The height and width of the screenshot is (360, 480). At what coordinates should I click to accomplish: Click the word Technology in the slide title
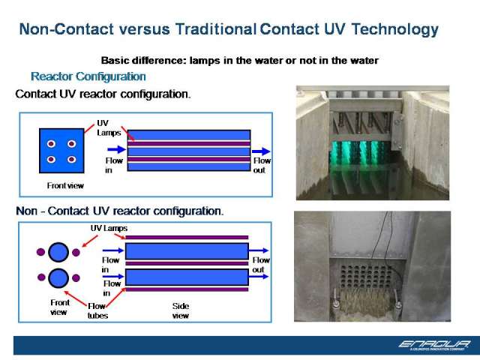pyautogui.click(x=395, y=30)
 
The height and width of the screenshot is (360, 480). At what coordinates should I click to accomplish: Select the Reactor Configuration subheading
pyautogui.click(x=88, y=76)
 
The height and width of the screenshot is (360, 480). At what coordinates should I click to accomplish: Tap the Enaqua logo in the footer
pyautogui.click(x=434, y=345)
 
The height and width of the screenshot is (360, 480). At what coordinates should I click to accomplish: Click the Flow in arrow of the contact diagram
pyautogui.click(x=117, y=149)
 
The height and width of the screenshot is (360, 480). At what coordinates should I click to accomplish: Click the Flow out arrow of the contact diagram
pyautogui.click(x=261, y=151)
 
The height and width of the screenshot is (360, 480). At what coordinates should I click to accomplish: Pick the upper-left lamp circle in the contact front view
pyautogui.click(x=51, y=143)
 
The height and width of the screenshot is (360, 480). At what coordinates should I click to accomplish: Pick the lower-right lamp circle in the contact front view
pyautogui.click(x=72, y=159)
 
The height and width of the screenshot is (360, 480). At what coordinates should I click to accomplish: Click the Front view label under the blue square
pyautogui.click(x=65, y=185)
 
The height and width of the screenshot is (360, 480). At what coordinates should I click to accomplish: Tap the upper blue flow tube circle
pyautogui.click(x=58, y=252)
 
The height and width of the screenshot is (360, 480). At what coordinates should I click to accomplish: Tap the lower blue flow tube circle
pyautogui.click(x=58, y=278)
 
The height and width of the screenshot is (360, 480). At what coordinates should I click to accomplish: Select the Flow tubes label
pyautogui.click(x=97, y=310)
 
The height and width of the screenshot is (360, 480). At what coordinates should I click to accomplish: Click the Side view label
pyautogui.click(x=181, y=310)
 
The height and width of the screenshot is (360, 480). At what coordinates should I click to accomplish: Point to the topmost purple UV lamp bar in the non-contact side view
pyautogui.click(x=187, y=237)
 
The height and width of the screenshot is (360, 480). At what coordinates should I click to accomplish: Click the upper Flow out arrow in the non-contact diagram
pyautogui.click(x=259, y=250)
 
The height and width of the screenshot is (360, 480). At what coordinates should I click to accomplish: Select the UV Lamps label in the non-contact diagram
pyautogui.click(x=109, y=228)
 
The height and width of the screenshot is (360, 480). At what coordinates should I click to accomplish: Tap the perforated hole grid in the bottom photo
pyautogui.click(x=366, y=277)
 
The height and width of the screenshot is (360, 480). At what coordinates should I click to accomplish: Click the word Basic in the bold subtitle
pyautogui.click(x=115, y=60)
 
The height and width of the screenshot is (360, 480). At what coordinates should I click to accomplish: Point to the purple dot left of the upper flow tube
pyautogui.click(x=40, y=252)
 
